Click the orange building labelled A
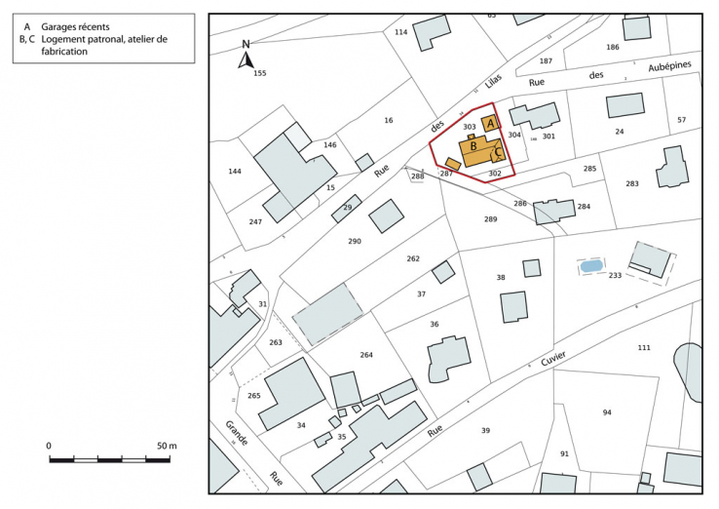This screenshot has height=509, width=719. (491, 124)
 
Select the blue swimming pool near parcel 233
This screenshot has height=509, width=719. (590, 265)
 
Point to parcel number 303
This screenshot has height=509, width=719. (469, 127)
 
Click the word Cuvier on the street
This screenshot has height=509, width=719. (548, 361)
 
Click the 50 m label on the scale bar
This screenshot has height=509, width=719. (166, 446)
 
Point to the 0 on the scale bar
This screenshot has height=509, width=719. (50, 446)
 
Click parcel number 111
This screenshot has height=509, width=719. (643, 348)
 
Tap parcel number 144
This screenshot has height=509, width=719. (235, 172)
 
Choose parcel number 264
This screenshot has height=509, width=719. (366, 355)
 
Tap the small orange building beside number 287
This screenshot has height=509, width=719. (452, 162)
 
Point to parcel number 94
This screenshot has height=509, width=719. (606, 412)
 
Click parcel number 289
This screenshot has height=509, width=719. (490, 219)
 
